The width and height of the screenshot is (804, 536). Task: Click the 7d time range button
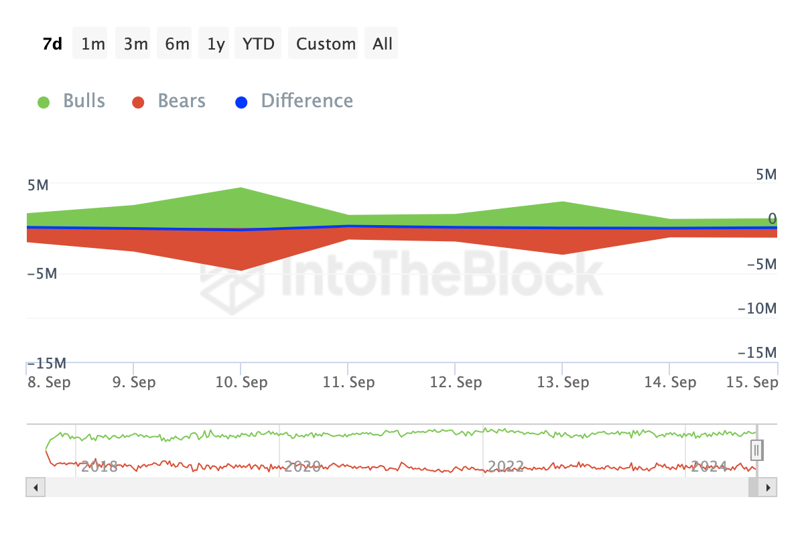(52, 44)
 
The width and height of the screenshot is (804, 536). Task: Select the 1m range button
(93, 44)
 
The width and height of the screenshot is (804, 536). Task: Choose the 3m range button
(135, 44)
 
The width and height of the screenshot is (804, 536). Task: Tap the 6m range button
(177, 44)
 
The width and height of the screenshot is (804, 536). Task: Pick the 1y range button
(216, 44)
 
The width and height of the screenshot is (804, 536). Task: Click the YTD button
(258, 44)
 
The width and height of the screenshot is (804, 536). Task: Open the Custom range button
(326, 44)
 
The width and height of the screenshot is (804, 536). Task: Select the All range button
(383, 44)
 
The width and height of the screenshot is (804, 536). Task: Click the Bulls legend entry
(72, 101)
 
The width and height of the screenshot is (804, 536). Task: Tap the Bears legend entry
(169, 101)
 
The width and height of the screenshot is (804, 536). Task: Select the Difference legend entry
(294, 101)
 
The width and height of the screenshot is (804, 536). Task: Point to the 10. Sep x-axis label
(241, 383)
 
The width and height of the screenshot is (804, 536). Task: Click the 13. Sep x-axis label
(563, 383)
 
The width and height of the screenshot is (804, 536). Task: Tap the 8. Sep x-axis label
(48, 383)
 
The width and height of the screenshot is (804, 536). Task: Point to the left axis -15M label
(46, 363)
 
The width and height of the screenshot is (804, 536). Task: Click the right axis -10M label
(757, 309)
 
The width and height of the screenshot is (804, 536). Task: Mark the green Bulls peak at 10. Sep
(241, 188)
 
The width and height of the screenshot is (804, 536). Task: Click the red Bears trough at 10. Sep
(241, 270)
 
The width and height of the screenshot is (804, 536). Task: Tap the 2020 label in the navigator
(303, 466)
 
